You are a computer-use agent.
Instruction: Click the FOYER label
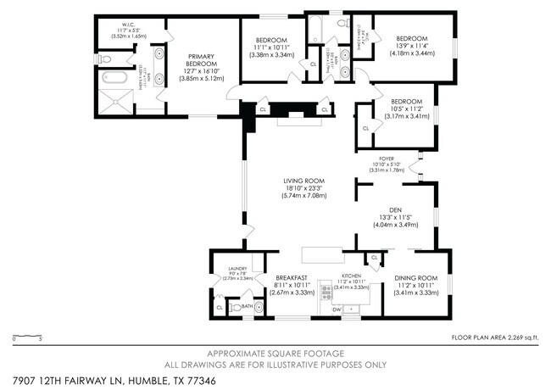pyautogui.click(x=386, y=159)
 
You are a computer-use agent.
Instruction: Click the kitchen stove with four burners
pyautogui.click(x=327, y=294)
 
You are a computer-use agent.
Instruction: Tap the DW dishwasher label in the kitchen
pyautogui.click(x=337, y=309)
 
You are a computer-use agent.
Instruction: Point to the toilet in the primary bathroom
pyautogui.click(x=103, y=59)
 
